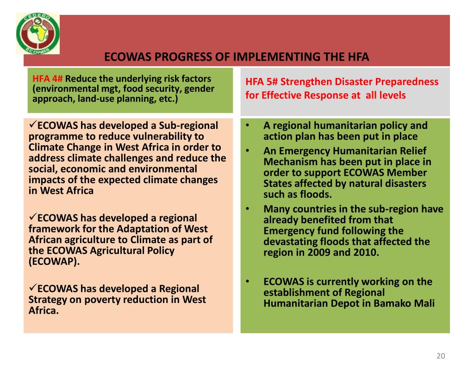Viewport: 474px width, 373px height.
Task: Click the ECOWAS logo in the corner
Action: point(38,33)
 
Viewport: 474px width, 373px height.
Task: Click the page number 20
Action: point(440,356)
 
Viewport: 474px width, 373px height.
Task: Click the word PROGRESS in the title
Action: point(182,58)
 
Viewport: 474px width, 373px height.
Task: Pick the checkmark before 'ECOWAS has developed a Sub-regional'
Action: point(32,125)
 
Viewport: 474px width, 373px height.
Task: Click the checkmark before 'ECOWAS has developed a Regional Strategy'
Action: point(32,288)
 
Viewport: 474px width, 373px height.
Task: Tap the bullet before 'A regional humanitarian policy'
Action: point(248,126)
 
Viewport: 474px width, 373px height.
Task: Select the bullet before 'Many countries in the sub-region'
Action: point(248,209)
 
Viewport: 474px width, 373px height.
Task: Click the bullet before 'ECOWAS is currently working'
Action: point(248,282)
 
